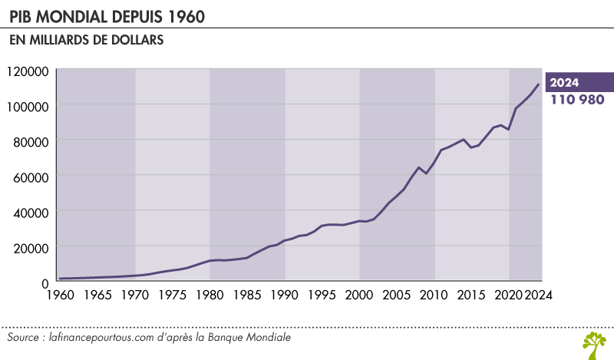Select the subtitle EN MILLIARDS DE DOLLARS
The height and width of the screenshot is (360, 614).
tap(86, 41)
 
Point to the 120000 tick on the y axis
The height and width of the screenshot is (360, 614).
tap(28, 71)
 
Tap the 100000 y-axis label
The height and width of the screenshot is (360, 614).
tap(28, 106)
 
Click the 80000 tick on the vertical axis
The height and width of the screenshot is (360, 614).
tap(31, 141)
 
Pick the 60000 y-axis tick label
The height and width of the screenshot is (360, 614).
tap(31, 177)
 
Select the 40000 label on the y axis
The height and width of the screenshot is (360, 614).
tap(31, 212)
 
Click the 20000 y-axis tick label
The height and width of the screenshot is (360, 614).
tap(31, 247)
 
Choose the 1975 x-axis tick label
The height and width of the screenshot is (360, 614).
tap(172, 294)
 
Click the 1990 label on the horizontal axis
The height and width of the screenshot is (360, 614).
tap(285, 294)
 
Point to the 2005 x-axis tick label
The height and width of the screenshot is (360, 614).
tap(397, 294)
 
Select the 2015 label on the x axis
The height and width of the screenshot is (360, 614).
tap(472, 294)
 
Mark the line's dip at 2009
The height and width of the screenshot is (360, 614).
tap(427, 173)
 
